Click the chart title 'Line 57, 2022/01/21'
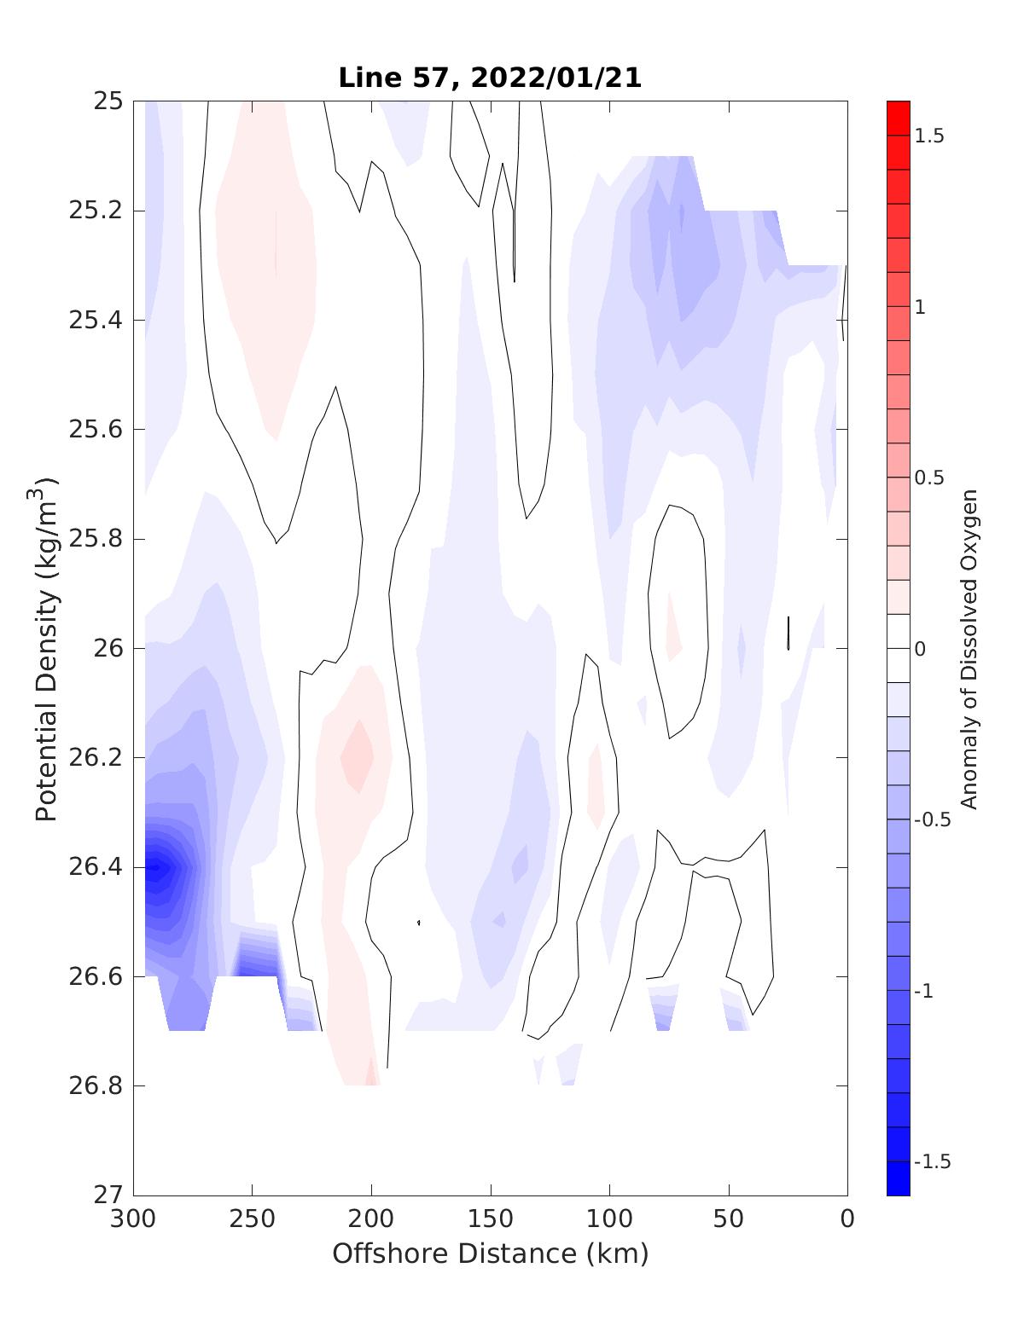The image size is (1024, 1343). (x=490, y=78)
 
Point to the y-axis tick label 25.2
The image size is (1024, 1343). (x=96, y=211)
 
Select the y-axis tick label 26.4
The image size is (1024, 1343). (x=96, y=867)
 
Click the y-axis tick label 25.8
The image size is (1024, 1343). (x=96, y=539)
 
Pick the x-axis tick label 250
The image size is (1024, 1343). (x=253, y=1219)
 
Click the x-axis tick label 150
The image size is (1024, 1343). (x=491, y=1219)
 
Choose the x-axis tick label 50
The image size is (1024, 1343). (x=729, y=1219)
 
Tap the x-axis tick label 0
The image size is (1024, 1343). (x=847, y=1219)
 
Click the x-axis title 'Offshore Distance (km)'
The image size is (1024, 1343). (x=490, y=1254)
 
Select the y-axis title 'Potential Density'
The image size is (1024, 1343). (x=47, y=648)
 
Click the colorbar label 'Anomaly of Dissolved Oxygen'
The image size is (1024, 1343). (x=968, y=648)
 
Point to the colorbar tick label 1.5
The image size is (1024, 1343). (x=929, y=136)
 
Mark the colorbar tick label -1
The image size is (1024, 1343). (x=927, y=991)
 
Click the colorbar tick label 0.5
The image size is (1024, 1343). (x=929, y=478)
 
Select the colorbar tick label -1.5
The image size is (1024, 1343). (x=932, y=1161)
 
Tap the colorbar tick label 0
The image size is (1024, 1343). (x=920, y=649)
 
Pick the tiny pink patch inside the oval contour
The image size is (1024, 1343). (x=672, y=631)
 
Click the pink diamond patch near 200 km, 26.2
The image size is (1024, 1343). (x=357, y=755)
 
